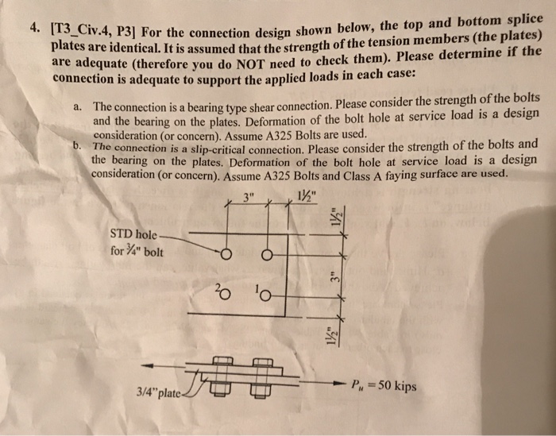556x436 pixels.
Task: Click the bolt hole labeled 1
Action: [x=265, y=296]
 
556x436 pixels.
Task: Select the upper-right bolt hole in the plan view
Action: [x=267, y=255]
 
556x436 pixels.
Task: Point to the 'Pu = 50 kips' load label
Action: [x=383, y=387]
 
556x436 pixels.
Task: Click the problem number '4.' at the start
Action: [x=34, y=26]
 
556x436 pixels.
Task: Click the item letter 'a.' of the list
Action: [x=77, y=105]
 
